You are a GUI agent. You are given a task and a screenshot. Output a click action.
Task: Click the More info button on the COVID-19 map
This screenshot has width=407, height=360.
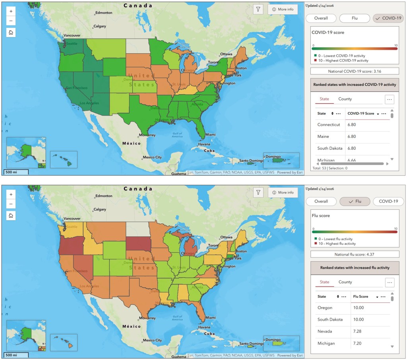click(x=283, y=10)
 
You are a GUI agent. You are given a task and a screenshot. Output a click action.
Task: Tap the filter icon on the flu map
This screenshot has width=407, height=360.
click(x=258, y=193)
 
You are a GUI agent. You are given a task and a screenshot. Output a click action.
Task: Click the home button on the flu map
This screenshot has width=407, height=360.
click(x=11, y=215)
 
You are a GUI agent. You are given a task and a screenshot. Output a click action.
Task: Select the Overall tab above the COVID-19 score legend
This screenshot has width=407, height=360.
click(x=321, y=18)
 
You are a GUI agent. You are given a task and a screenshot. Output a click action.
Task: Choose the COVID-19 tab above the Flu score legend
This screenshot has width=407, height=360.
click(x=388, y=201)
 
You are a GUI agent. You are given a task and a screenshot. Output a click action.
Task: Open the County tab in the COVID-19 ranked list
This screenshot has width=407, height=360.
click(x=345, y=99)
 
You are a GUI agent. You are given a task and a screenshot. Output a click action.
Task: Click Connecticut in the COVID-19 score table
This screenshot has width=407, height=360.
click(x=329, y=125)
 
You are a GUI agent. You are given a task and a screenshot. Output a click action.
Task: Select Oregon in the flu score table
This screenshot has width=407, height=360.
click(x=325, y=308)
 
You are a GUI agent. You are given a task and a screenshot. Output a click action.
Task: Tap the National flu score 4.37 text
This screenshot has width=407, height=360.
click(x=355, y=254)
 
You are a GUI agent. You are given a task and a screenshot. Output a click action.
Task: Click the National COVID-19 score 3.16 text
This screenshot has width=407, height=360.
click(x=355, y=71)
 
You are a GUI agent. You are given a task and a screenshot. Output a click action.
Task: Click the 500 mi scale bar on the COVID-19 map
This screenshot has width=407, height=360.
click(x=16, y=172)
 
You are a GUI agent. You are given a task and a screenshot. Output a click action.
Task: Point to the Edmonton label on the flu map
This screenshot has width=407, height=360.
click(x=104, y=196)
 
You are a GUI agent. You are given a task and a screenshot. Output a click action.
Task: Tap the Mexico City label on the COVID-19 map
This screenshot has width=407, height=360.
click(x=152, y=157)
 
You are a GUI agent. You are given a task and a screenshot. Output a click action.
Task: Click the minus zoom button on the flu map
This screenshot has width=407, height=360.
click(x=11, y=204)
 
